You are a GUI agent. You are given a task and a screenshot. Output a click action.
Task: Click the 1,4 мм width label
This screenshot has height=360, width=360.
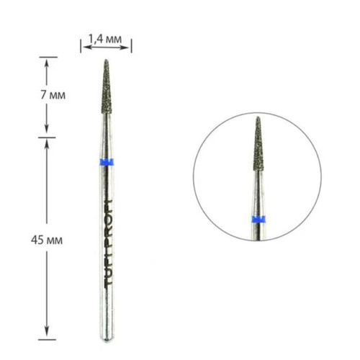click(105, 39)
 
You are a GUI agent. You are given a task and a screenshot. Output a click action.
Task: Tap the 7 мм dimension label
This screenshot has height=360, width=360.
click(53, 95)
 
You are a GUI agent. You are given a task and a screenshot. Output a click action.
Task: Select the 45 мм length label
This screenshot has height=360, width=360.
click(47, 240)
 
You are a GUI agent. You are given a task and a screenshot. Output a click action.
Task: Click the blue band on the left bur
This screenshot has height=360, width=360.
click(107, 162)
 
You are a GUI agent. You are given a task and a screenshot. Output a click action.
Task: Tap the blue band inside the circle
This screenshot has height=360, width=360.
click(258, 220)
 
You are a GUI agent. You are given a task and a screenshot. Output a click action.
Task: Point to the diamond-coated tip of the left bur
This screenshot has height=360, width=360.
click(107, 86)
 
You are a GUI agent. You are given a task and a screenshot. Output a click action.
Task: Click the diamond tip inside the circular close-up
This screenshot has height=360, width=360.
click(258, 143)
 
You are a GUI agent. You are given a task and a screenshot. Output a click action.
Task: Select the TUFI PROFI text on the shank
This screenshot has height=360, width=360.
click(109, 242)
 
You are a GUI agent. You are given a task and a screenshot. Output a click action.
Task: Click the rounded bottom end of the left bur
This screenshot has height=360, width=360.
click(107, 338)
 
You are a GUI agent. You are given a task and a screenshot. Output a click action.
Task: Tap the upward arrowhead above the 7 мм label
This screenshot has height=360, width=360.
click(47, 62)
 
